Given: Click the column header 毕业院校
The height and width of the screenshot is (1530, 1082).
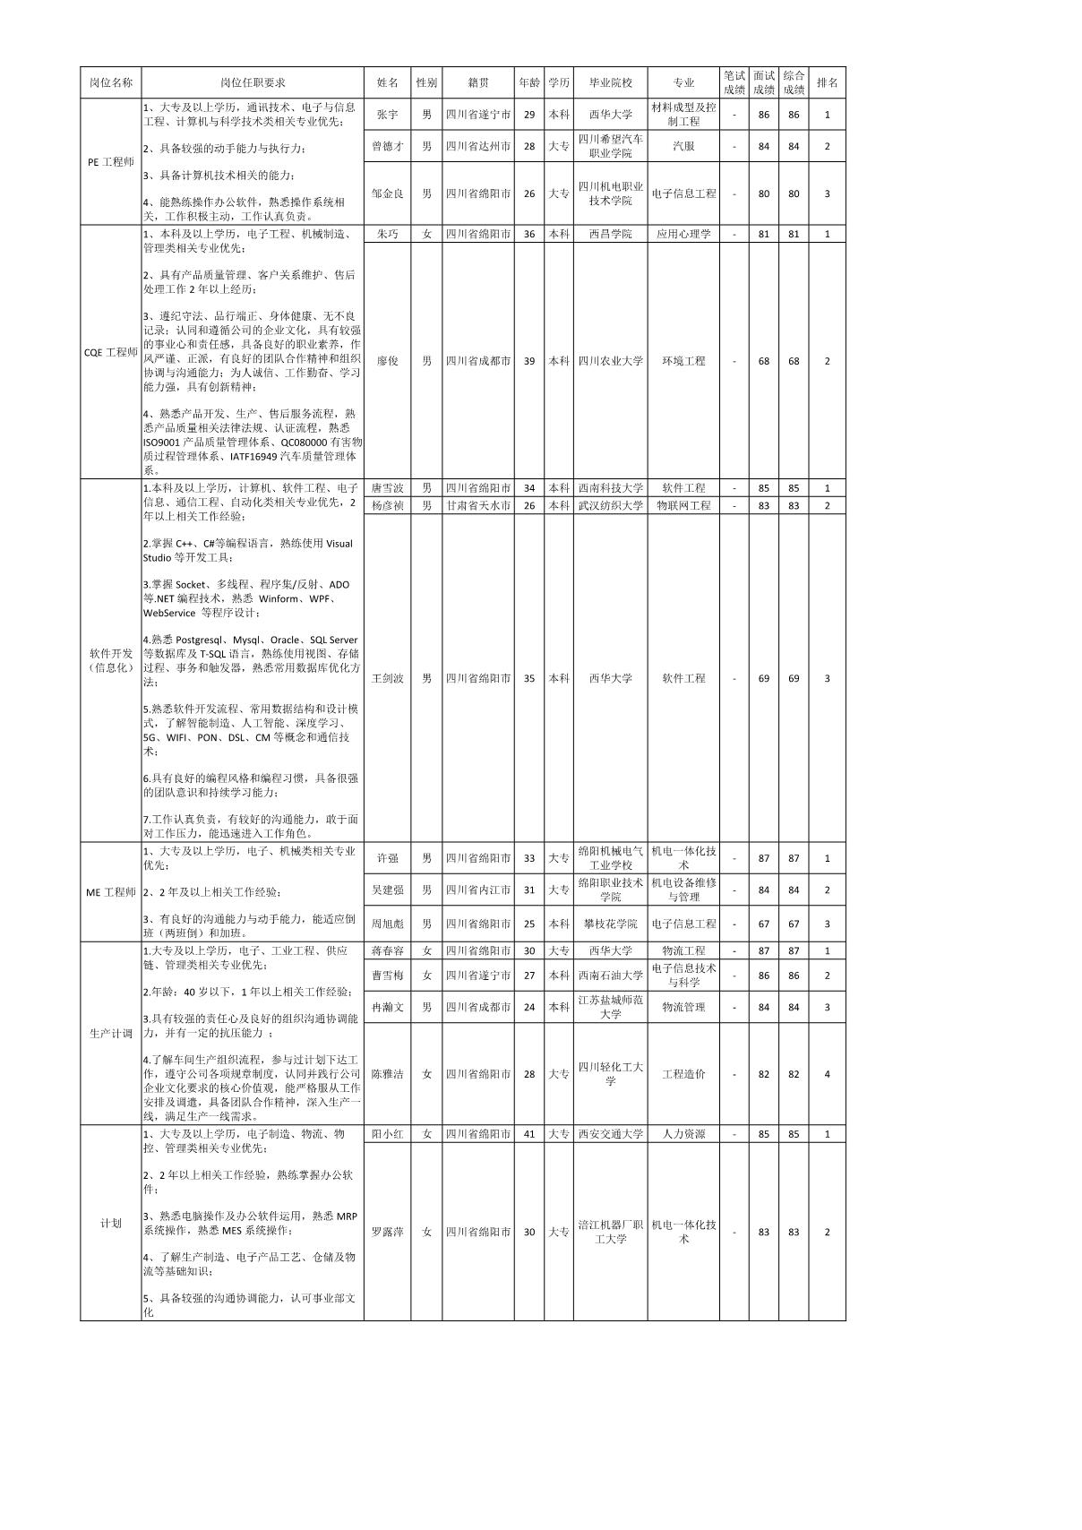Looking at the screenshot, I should point(610,82).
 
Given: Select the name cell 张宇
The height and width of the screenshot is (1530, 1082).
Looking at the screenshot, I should point(387,115).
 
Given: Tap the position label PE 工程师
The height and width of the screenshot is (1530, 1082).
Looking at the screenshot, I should point(111,162).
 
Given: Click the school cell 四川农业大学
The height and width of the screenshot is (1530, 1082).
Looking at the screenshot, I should point(610,361).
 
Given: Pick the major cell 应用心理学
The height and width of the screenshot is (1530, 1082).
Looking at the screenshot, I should point(683,234).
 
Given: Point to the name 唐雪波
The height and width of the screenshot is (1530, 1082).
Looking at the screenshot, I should point(387,488).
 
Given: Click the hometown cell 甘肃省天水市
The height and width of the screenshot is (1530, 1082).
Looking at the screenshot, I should point(478,506).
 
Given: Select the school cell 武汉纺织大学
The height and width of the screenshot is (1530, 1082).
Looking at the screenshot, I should point(610,506).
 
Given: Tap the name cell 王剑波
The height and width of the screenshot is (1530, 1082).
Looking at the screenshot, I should point(387,678).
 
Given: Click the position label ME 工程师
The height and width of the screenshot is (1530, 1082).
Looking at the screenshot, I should point(111,892).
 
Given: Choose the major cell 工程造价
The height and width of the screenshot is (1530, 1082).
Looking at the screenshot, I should point(683,1073).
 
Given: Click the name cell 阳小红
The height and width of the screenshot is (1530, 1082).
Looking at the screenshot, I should point(387,1134).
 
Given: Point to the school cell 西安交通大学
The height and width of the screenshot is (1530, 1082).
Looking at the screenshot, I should point(610,1134).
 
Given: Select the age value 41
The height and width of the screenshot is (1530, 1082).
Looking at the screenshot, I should point(529,1134).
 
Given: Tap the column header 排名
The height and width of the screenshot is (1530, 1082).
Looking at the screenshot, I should point(827,82).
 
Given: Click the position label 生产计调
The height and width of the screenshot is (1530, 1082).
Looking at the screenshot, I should point(111,1033).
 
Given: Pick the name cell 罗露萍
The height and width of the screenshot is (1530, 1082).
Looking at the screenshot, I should point(387,1232).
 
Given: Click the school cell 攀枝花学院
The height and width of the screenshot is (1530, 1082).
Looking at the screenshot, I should point(610,924).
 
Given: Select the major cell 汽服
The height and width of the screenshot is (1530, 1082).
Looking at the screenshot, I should point(683,146).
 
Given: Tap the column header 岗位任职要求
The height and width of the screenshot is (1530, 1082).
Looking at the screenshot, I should point(253,82).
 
